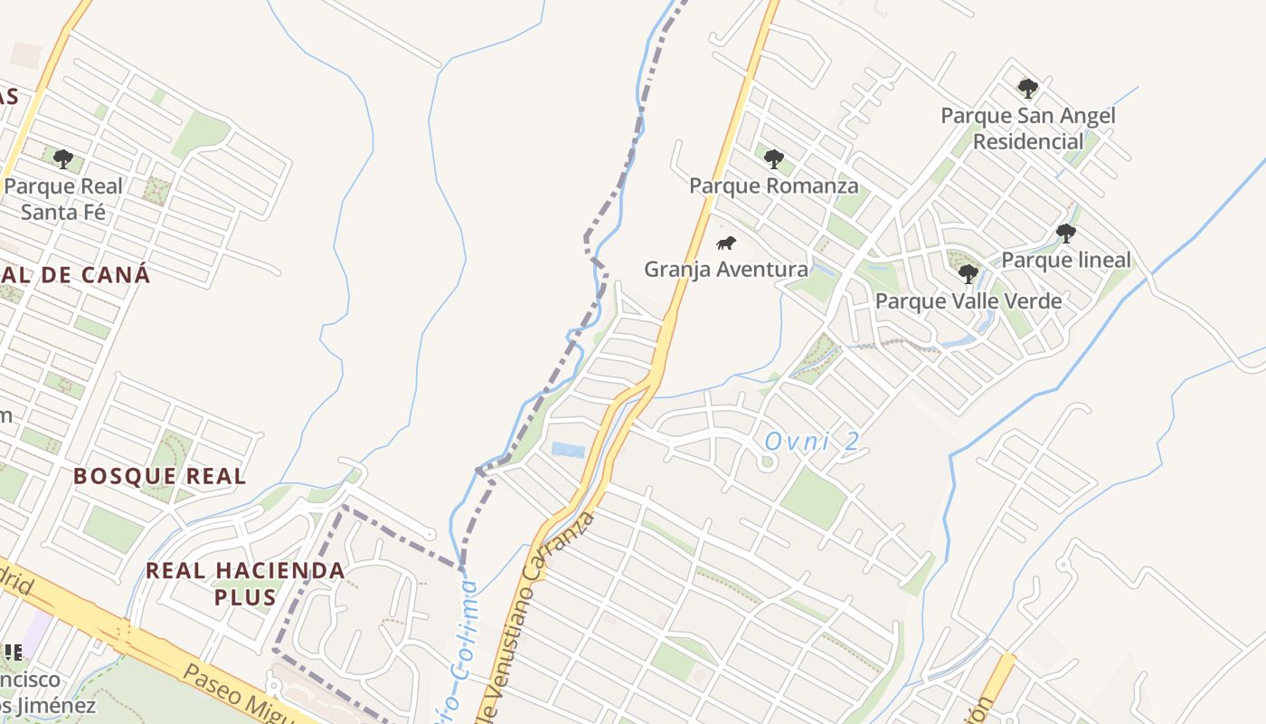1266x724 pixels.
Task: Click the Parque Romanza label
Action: click(x=773, y=186)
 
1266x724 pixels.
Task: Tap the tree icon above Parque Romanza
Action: click(x=773, y=159)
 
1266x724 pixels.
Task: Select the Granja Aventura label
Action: click(x=725, y=269)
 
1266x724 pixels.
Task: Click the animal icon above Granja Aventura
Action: click(x=725, y=243)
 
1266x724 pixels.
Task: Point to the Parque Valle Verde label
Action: click(x=968, y=300)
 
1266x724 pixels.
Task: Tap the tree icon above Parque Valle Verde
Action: click(x=968, y=273)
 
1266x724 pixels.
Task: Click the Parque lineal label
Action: click(x=1066, y=260)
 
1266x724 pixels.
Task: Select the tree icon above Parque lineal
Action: click(x=1066, y=233)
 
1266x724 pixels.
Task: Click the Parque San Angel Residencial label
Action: click(x=1028, y=129)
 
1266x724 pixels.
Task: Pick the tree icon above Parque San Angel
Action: click(x=1027, y=88)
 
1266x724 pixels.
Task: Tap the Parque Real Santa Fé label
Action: click(x=63, y=199)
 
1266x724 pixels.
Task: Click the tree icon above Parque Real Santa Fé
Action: click(x=62, y=159)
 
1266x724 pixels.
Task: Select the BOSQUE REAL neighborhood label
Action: click(x=159, y=476)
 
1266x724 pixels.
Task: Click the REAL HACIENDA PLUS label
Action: click(x=245, y=584)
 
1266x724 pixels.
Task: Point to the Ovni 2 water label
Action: click(x=811, y=442)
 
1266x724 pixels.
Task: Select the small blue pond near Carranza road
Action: click(x=568, y=450)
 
